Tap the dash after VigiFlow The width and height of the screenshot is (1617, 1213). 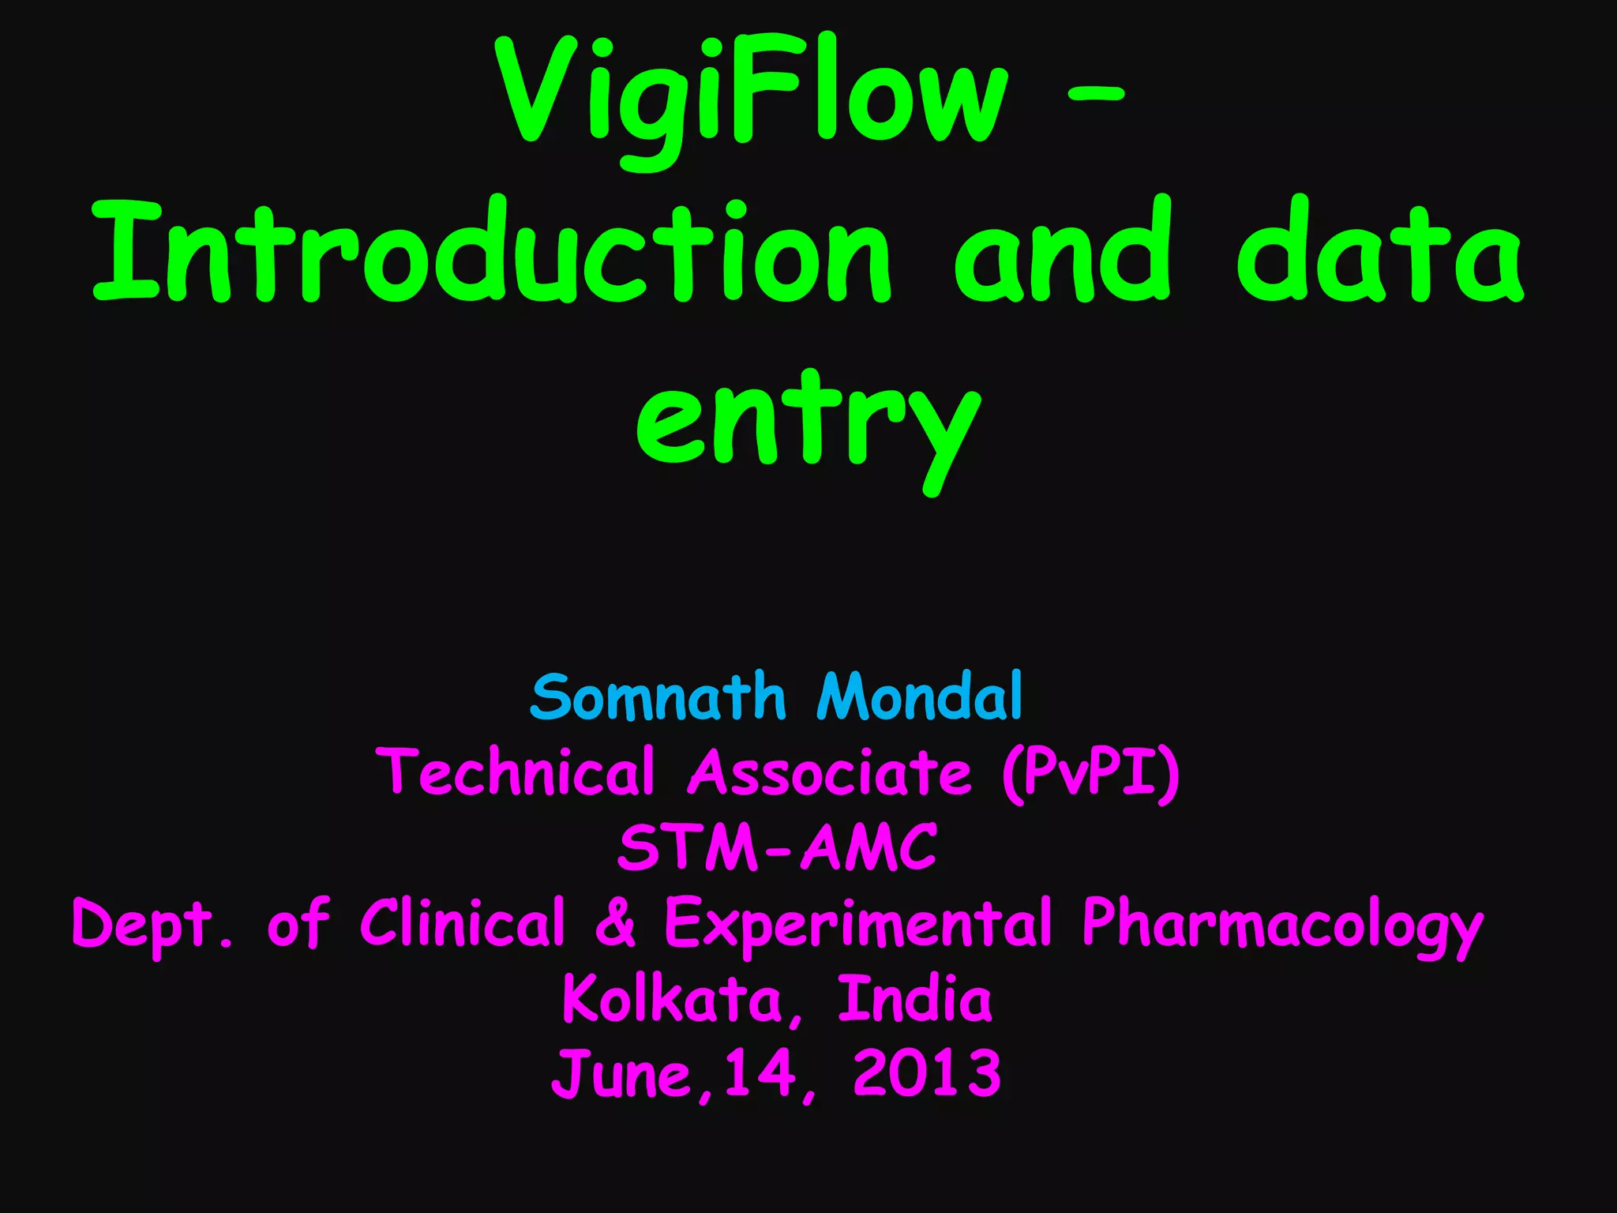point(1094,94)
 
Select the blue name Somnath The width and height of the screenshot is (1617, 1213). point(658,697)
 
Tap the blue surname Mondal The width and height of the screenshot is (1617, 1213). point(920,697)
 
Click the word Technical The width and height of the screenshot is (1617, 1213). point(516,772)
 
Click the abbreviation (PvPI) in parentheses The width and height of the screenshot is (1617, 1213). point(1090,772)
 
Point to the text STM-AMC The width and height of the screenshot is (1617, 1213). point(777,847)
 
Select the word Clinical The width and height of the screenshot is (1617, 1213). point(463,922)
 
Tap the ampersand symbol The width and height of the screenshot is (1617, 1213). point(615,922)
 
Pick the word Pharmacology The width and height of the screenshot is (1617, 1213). point(1282,924)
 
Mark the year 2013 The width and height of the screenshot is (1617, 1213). point(927,1073)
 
